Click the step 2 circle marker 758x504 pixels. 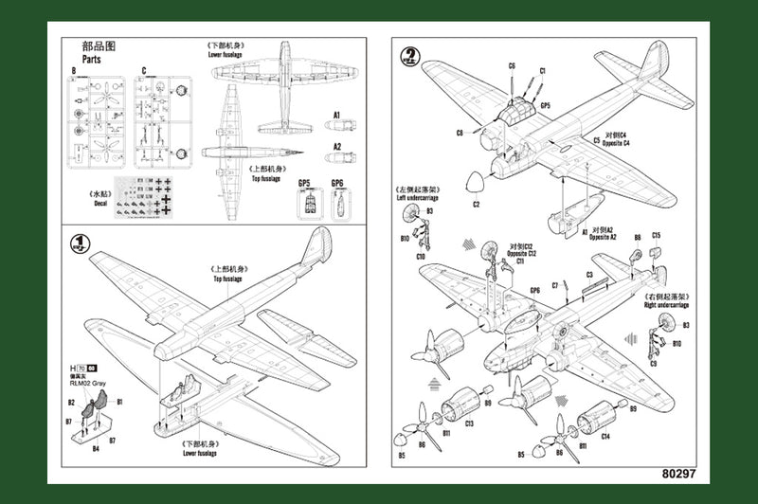click(x=409, y=56)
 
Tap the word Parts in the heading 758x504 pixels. click(x=93, y=57)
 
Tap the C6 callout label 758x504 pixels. click(x=511, y=65)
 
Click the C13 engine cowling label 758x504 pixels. click(x=470, y=423)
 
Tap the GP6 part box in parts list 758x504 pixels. click(x=338, y=203)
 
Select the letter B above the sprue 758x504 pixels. click(x=72, y=70)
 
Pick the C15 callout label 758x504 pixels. click(x=657, y=235)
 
